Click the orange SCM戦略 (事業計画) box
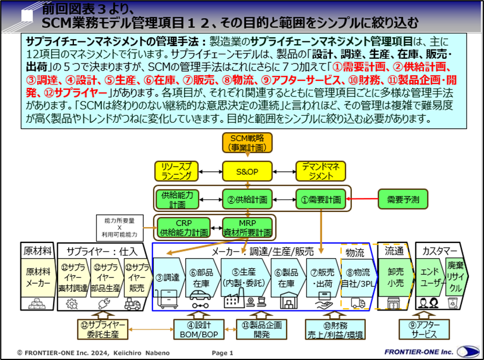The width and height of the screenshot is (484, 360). (x=248, y=143)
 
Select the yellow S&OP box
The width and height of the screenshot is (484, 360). (x=248, y=171)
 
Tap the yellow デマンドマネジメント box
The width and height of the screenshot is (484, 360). (x=321, y=171)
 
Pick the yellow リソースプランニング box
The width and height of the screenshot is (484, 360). (x=176, y=171)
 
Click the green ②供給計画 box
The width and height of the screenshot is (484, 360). (x=248, y=199)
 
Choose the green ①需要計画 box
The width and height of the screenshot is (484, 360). (x=321, y=199)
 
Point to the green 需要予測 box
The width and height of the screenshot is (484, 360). (x=403, y=199)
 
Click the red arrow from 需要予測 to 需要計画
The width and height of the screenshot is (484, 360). (x=362, y=199)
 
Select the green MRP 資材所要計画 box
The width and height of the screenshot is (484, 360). (x=248, y=228)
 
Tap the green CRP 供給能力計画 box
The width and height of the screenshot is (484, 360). (x=183, y=228)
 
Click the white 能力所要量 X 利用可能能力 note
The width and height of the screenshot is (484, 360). (x=119, y=228)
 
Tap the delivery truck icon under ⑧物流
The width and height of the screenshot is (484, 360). (x=358, y=303)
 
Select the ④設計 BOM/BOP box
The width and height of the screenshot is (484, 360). (x=199, y=330)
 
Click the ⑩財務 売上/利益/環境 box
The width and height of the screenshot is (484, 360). (x=335, y=330)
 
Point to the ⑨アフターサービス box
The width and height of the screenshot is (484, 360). (x=424, y=330)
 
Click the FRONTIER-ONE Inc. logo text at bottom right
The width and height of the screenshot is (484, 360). (x=419, y=352)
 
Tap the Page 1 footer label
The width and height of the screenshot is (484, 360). (x=222, y=353)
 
